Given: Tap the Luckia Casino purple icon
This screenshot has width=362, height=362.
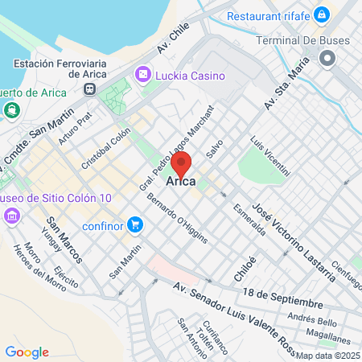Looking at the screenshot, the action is (143, 74).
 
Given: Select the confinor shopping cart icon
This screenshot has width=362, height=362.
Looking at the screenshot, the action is (134, 224).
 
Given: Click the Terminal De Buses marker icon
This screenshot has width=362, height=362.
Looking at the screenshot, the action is (327, 58).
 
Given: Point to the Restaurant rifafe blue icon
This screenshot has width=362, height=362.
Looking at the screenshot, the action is (321, 14).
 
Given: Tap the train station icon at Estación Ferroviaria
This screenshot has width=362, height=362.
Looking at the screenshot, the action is (90, 89).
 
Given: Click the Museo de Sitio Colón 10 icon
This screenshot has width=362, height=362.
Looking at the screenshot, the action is (11, 216).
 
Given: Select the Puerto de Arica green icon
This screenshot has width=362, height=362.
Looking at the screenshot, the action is (11, 110).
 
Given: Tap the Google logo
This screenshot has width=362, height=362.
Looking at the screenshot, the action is (27, 352).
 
